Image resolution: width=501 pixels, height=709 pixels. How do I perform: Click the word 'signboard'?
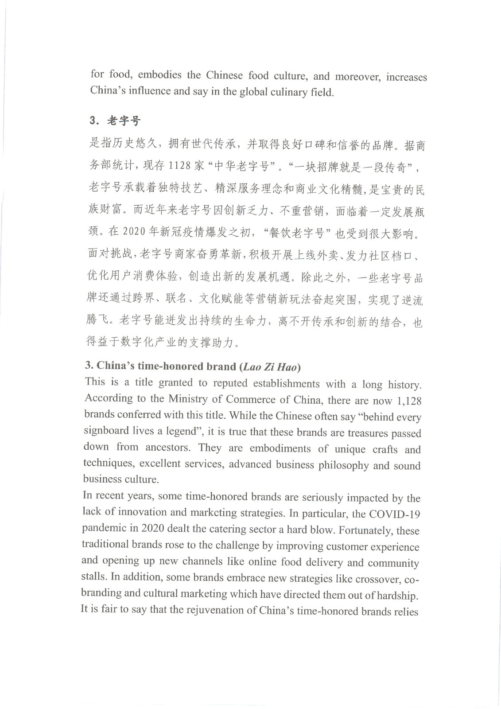(105, 431)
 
